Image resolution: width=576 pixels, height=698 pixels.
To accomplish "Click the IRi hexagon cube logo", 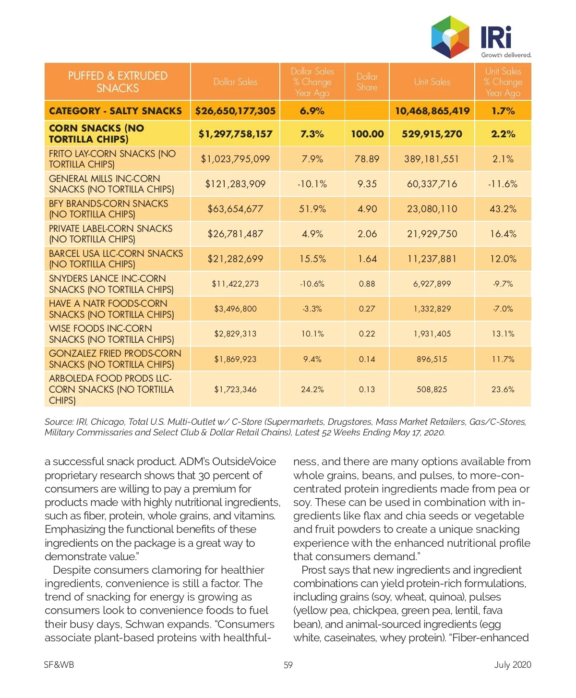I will [x=450, y=36].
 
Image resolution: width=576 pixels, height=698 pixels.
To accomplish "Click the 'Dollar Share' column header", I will [x=367, y=82].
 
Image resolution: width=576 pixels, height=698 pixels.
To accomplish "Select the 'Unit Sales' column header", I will [x=432, y=82].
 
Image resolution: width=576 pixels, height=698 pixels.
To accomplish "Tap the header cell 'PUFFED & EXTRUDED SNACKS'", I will [x=118, y=82].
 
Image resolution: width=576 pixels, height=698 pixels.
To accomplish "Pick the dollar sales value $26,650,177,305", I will [x=235, y=111].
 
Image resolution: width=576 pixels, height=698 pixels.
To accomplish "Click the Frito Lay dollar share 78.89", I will [x=367, y=159].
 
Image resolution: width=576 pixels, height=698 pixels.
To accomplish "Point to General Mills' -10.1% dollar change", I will [x=312, y=184].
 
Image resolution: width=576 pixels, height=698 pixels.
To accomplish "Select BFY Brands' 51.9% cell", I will [x=312, y=209].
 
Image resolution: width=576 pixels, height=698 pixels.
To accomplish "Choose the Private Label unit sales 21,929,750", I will [x=432, y=234].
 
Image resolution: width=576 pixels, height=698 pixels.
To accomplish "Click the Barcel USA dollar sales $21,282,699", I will [x=235, y=259].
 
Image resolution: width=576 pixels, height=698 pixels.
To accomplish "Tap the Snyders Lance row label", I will [x=111, y=284].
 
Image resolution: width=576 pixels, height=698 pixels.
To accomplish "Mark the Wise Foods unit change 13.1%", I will [x=503, y=334].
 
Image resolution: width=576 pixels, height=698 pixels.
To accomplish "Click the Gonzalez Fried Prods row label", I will [x=115, y=359].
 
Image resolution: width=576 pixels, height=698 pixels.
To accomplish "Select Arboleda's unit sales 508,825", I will [x=432, y=389].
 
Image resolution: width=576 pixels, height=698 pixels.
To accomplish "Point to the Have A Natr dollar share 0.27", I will [x=367, y=309].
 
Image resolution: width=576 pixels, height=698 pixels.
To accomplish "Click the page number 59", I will [x=288, y=665].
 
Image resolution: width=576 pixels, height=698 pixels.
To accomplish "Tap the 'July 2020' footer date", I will [x=513, y=665].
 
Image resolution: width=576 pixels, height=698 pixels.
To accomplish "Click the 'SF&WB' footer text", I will [x=59, y=665].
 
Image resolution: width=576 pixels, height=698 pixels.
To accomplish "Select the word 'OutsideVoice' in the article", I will [x=244, y=462].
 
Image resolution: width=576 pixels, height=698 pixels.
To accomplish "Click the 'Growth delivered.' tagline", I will [x=506, y=55].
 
